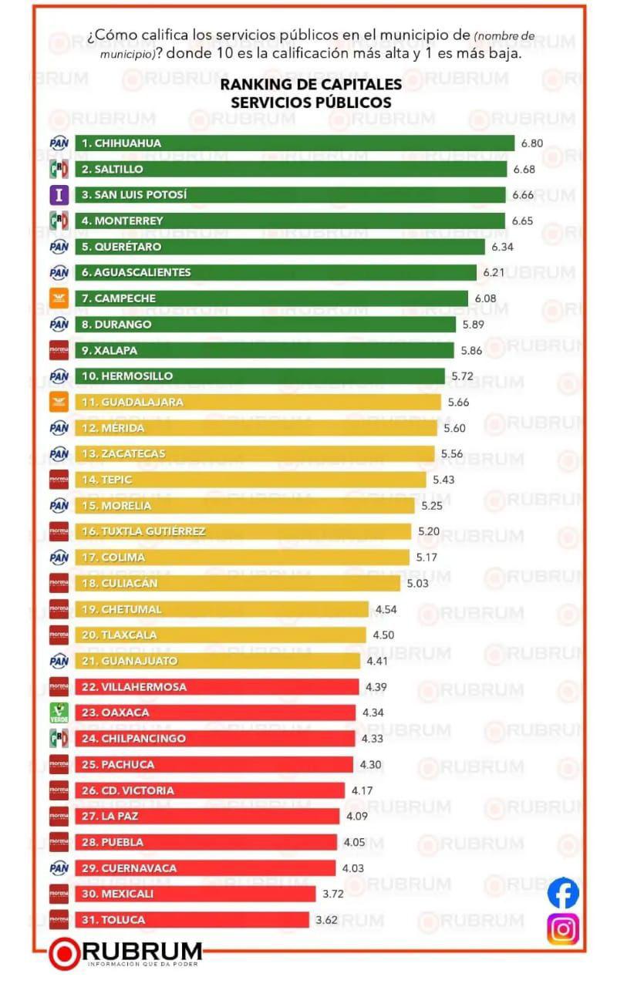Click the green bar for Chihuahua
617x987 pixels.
coord(294,143)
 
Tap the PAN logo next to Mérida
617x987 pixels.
coord(59,428)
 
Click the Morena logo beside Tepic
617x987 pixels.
coord(59,480)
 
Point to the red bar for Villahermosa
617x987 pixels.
coord(217,687)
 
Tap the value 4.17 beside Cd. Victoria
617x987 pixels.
coord(362,790)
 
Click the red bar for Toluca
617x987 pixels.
coord(192,920)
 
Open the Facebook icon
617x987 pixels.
coord(563,893)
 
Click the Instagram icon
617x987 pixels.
coord(563,928)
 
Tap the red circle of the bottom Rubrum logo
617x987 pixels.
coord(65,954)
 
